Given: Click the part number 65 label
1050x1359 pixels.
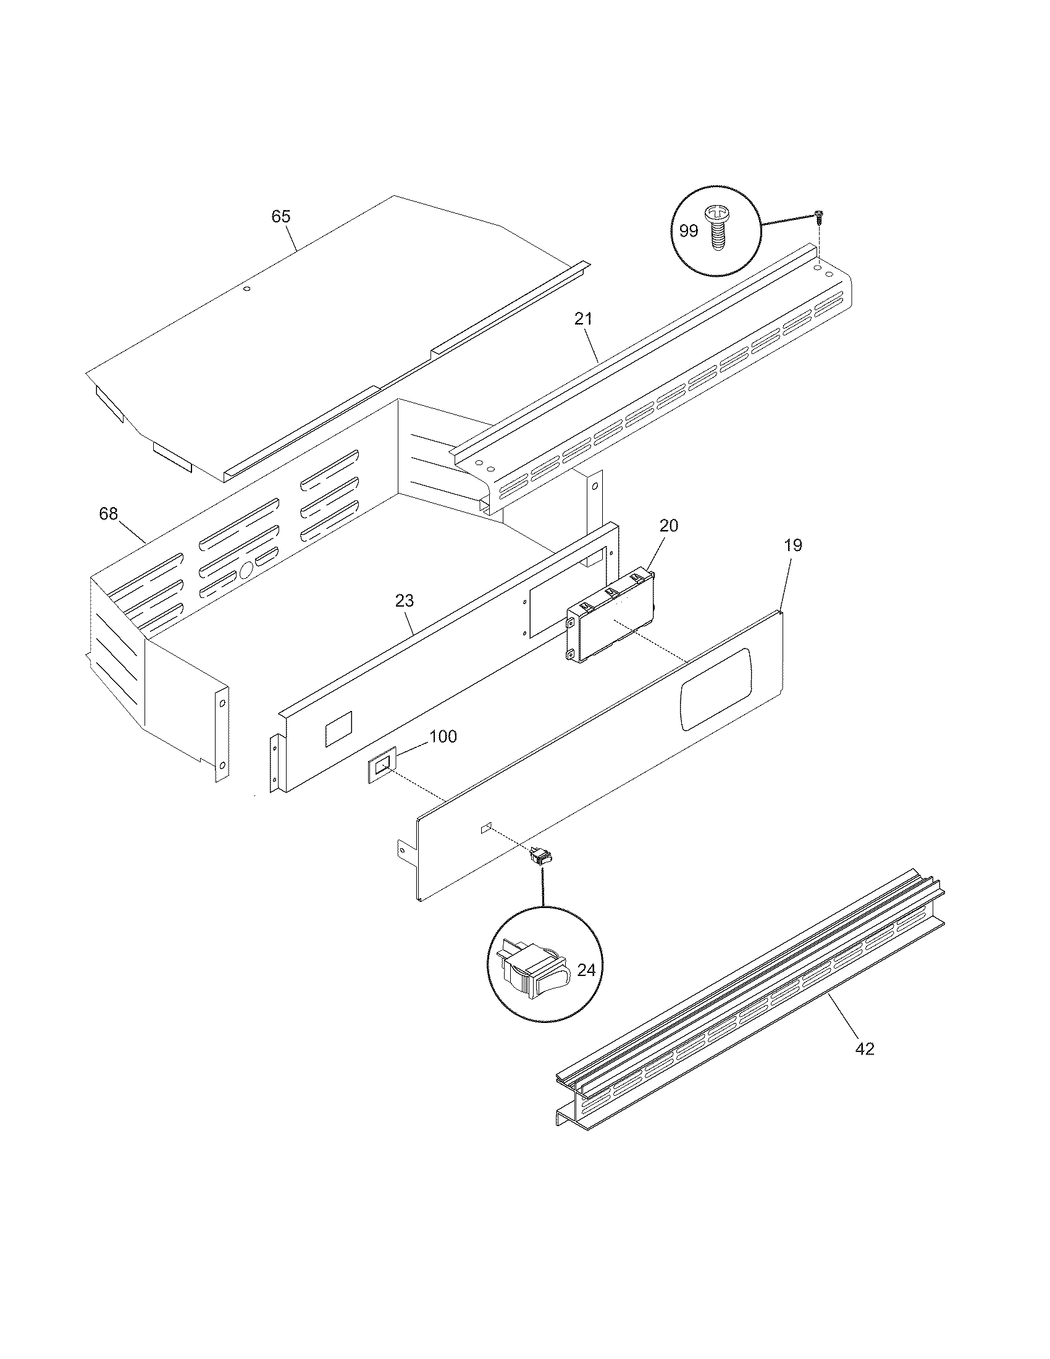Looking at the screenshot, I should click(280, 217).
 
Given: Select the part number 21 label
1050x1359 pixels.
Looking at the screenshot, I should click(584, 319).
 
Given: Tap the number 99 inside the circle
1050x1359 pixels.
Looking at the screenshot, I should click(689, 231).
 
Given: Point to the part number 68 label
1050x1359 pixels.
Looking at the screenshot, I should click(108, 514).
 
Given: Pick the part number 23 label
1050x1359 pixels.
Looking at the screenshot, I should click(405, 600).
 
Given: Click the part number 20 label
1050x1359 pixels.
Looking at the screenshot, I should click(669, 525).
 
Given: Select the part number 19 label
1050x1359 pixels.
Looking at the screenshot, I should click(793, 545).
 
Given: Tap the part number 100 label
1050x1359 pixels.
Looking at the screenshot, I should click(443, 737).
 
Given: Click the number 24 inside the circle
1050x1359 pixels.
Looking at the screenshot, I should click(586, 970).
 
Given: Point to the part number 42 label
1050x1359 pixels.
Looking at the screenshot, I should click(865, 1049).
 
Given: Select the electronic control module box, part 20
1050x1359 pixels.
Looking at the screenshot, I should click(612, 618).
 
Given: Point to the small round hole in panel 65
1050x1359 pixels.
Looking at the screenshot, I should click(246, 290).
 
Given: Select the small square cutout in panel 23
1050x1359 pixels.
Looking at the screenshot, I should click(338, 730).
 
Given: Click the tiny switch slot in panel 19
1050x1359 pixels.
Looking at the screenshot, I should click(487, 828).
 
